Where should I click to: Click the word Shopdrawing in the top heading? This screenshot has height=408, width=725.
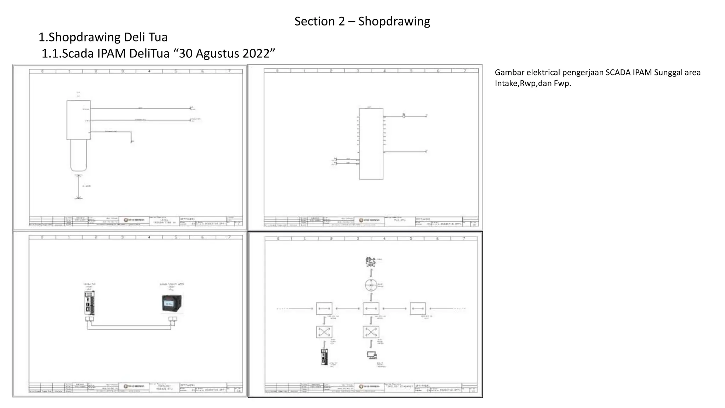point(394,21)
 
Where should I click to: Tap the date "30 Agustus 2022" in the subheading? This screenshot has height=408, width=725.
point(227,53)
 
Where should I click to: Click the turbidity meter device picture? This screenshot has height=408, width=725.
point(172,304)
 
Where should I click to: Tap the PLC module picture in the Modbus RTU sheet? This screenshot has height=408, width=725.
point(90,303)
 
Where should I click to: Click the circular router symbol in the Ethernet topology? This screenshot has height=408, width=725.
point(371,285)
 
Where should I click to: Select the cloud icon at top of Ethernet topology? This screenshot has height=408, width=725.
point(370,262)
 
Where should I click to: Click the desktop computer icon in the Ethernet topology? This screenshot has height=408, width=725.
point(371,355)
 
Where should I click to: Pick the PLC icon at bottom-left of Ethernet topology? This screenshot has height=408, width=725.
point(324,357)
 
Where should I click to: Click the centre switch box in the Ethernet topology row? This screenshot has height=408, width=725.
point(371,308)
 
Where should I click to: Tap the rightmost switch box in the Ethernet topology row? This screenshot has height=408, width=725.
point(418,308)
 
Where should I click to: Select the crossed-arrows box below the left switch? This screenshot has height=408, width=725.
point(324,332)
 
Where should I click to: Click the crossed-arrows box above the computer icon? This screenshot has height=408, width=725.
point(371,332)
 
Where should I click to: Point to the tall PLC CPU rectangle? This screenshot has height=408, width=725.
point(371,144)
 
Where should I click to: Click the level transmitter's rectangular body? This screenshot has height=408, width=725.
point(79,120)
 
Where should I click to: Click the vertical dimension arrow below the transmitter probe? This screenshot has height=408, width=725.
point(79,187)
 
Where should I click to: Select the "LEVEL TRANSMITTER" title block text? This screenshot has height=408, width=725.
point(164,221)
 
